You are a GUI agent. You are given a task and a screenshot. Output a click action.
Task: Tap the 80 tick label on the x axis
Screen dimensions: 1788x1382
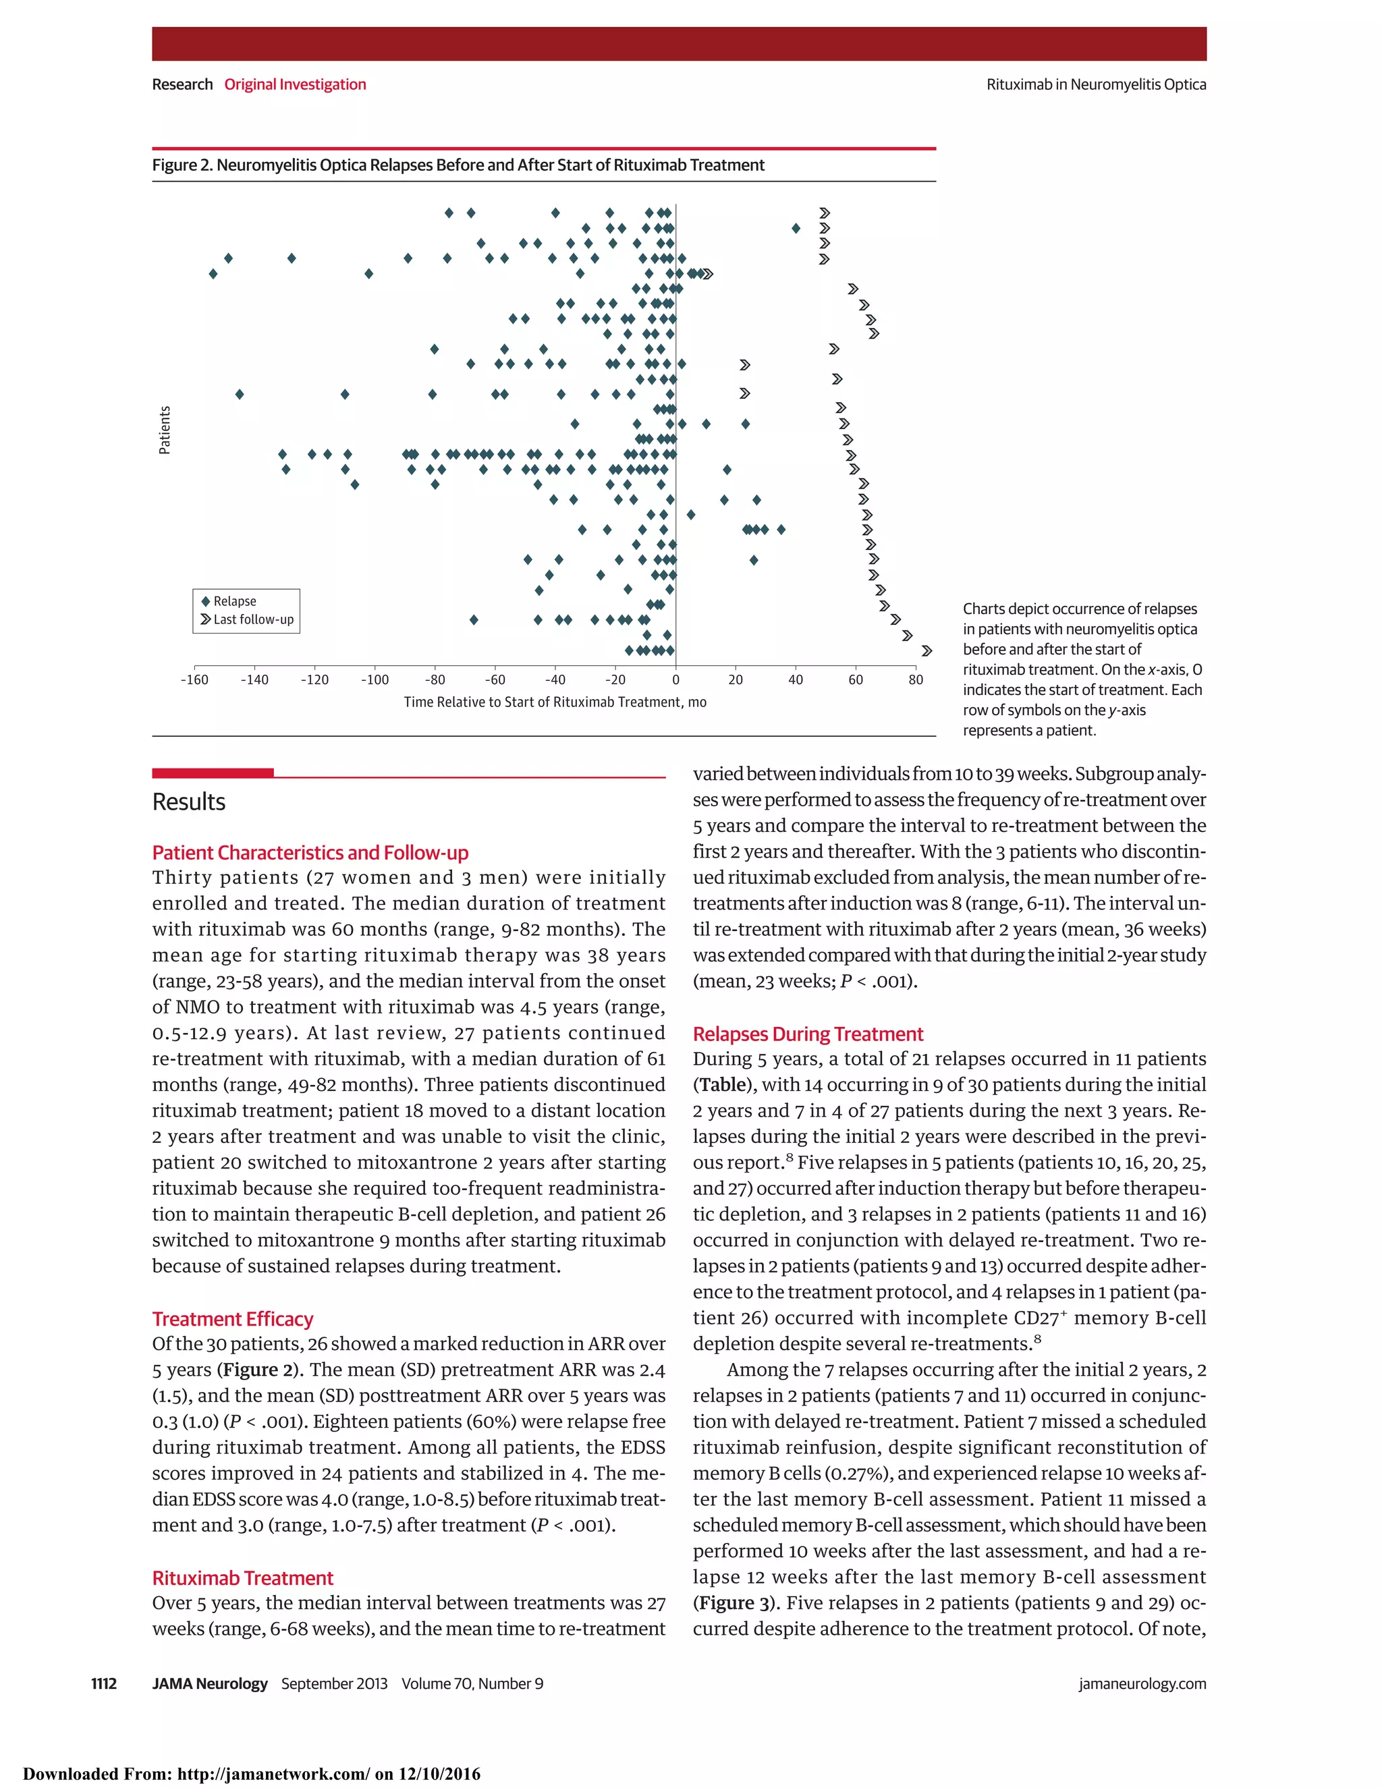click(915, 679)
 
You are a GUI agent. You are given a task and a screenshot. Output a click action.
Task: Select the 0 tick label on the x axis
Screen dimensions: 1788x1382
click(675, 679)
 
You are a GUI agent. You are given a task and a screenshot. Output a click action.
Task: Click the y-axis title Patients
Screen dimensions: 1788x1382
click(165, 430)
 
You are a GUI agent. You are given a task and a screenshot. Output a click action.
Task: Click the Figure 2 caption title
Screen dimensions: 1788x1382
click(458, 165)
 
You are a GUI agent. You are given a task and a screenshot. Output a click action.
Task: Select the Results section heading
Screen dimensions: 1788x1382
click(188, 802)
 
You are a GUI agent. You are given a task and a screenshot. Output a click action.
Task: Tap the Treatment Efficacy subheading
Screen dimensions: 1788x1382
click(233, 1319)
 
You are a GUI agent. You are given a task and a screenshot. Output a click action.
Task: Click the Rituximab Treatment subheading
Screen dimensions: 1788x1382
click(242, 1577)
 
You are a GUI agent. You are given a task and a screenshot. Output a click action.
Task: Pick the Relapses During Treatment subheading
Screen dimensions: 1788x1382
click(807, 1034)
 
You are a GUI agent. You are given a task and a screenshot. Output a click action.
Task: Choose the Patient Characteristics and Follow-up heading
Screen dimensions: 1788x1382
click(310, 853)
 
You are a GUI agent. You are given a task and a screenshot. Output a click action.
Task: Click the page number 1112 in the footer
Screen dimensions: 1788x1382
click(104, 1683)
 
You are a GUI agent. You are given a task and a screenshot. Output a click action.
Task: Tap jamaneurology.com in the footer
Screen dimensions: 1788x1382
click(1142, 1683)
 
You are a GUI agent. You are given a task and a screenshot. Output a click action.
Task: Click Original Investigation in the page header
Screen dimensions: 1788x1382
click(295, 84)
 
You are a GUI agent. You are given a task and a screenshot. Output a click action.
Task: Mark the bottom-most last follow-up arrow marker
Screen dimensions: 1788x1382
click(927, 651)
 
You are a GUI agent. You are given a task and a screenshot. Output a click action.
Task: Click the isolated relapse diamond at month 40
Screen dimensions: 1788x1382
click(796, 229)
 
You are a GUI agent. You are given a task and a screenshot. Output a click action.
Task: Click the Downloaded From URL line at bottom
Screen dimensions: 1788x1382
click(251, 1774)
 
